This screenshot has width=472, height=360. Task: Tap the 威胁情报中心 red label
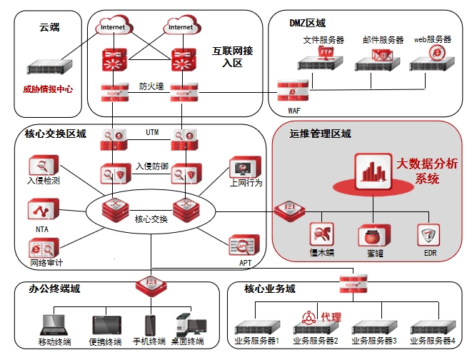[48, 89]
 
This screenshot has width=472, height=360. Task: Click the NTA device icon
[39, 209]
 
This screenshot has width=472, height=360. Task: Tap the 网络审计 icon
[39, 248]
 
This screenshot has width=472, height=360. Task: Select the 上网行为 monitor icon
[239, 168]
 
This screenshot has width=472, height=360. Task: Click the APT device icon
[240, 245]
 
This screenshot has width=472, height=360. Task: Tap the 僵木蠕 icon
[321, 234]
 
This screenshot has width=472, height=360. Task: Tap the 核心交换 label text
[151, 219]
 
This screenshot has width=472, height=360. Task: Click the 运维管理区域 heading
[320, 134]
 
